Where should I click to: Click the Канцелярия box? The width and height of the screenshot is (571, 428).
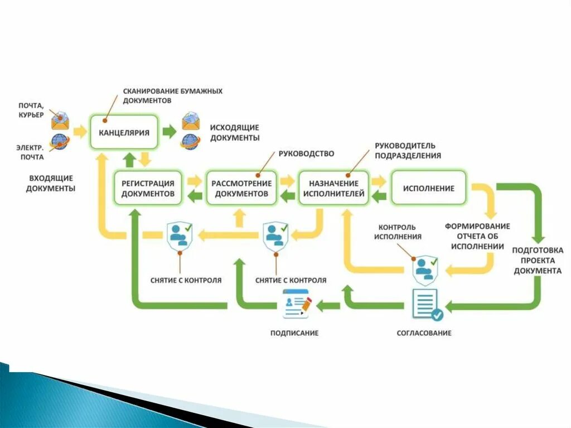pyautogui.click(x=124, y=132)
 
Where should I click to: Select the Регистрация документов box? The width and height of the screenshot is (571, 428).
pyautogui.click(x=148, y=188)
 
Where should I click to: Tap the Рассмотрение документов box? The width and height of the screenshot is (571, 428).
pyautogui.click(x=241, y=188)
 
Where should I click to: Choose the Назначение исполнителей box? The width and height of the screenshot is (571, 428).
pyautogui.click(x=333, y=188)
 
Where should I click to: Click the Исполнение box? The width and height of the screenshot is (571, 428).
pyautogui.click(x=428, y=188)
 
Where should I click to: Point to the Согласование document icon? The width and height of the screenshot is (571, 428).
pyautogui.click(x=426, y=305)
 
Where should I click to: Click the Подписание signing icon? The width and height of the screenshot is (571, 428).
pyautogui.click(x=297, y=304)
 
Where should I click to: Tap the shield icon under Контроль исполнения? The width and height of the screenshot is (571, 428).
pyautogui.click(x=425, y=270)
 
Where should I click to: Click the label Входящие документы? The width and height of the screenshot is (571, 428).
pyautogui.click(x=51, y=183)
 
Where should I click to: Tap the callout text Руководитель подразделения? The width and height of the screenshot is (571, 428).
pyautogui.click(x=408, y=151)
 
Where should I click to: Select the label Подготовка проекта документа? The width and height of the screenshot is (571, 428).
pyautogui.click(x=538, y=261)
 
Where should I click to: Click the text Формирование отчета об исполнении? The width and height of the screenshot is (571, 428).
pyautogui.click(x=477, y=236)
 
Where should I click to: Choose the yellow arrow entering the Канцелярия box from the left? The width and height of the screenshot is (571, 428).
pyautogui.click(x=80, y=132)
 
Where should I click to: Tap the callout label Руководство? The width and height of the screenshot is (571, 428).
pyautogui.click(x=306, y=153)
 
